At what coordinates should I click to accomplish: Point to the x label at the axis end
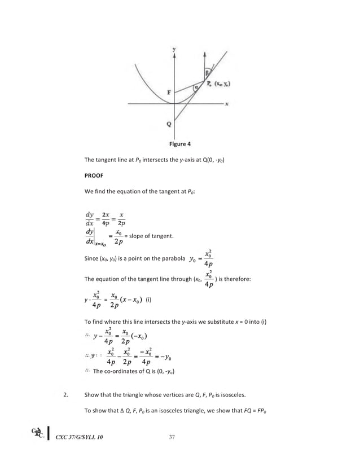click(x=226, y=104)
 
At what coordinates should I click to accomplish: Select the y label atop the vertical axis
click(x=174, y=50)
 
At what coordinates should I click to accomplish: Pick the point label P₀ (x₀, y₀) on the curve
click(x=221, y=85)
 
